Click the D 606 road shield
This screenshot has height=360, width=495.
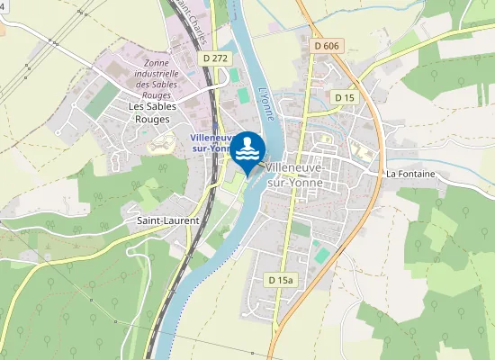328,45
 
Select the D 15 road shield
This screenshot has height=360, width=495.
344,96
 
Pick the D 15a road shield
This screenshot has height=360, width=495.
281,281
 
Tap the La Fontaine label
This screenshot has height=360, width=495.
410,173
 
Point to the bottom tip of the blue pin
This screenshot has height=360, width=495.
248,176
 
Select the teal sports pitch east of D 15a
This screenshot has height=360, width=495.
322,256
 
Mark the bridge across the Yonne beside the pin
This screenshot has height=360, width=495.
261,166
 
